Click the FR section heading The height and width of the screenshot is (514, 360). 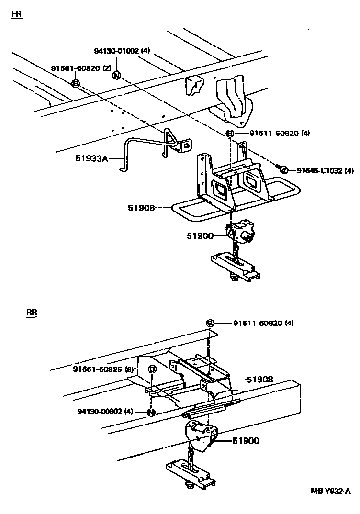tap(17, 14)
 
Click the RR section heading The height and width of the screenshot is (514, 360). tap(32, 313)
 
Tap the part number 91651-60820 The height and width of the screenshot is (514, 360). tap(76, 68)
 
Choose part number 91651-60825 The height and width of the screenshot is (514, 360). tap(103, 369)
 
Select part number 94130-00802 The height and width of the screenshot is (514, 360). tap(105, 411)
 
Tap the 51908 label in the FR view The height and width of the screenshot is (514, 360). tap(142, 208)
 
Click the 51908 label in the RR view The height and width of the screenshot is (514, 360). tap(260, 379)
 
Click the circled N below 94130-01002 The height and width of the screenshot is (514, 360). tap(116, 76)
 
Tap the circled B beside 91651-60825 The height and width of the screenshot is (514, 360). tap(152, 369)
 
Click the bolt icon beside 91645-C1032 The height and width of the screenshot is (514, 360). tap(282, 168)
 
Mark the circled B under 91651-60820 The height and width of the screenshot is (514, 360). tap(75, 83)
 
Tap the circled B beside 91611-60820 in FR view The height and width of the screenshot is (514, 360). tap(230, 134)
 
